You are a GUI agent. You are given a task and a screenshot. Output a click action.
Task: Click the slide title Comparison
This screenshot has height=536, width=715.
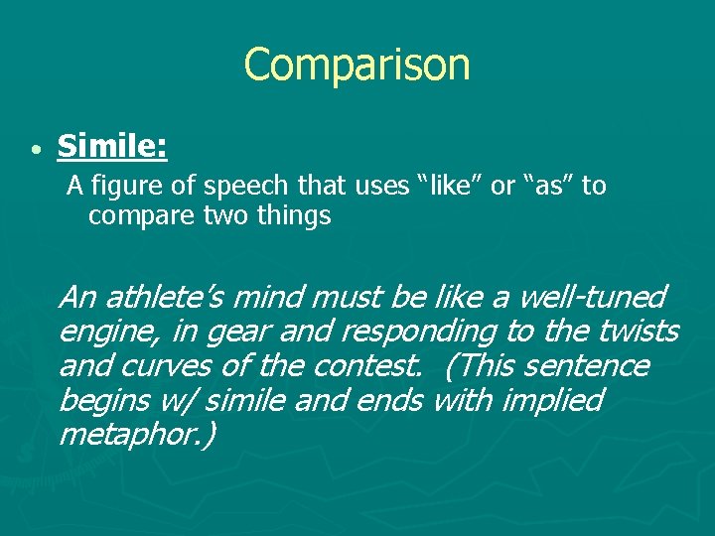point(357,66)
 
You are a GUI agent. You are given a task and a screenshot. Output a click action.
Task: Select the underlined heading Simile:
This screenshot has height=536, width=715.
point(112,147)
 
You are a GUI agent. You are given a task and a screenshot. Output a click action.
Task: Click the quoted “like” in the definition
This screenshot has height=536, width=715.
point(452,186)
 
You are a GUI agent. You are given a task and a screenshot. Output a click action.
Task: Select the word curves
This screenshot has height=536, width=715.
point(163,366)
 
